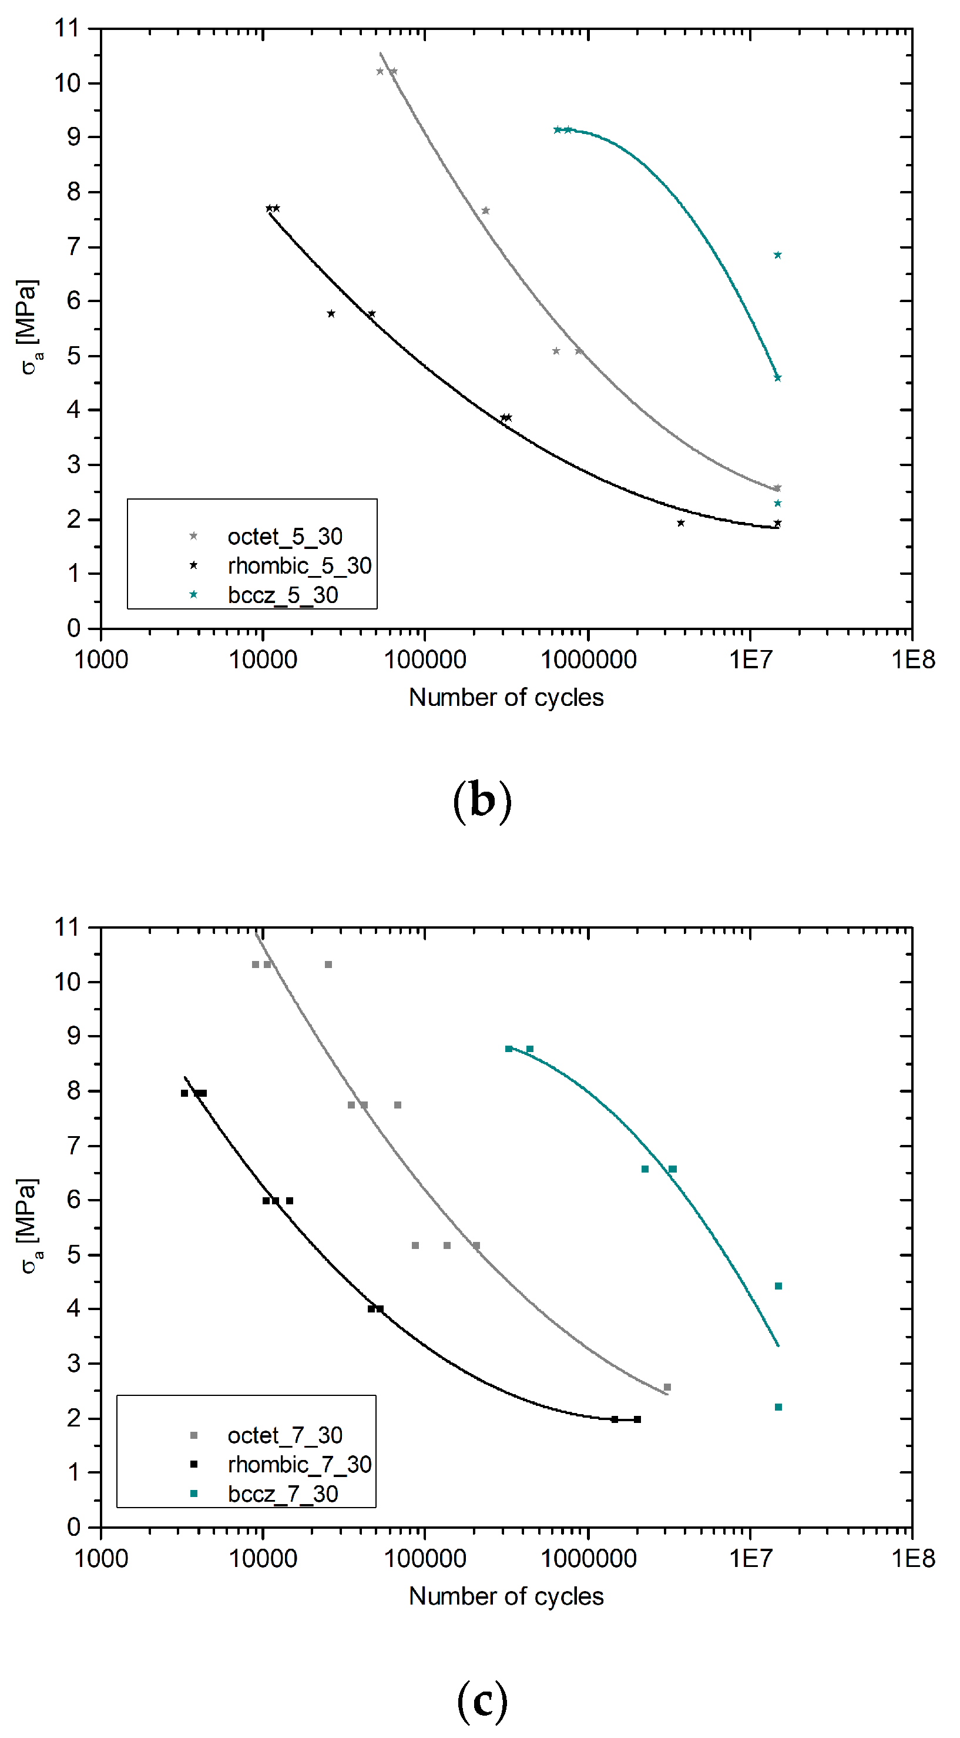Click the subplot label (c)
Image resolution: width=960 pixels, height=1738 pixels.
[482, 1700]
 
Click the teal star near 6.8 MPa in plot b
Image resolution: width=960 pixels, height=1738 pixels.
[777, 255]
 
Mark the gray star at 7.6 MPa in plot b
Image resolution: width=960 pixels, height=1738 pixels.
[485, 210]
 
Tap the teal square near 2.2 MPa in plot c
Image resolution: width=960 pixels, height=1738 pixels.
[778, 1407]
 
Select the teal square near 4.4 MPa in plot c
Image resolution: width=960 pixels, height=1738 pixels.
[778, 1286]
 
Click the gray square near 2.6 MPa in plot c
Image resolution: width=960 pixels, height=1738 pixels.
[667, 1387]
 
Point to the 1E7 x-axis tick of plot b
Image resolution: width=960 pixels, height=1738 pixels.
[749, 659]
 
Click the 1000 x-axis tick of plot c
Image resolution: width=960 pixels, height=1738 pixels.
[100, 1559]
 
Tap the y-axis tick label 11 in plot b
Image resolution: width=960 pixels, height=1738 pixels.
[67, 28]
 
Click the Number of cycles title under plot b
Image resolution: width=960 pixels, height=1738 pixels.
[506, 698]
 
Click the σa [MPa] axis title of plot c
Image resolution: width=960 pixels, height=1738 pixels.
[31, 1226]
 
